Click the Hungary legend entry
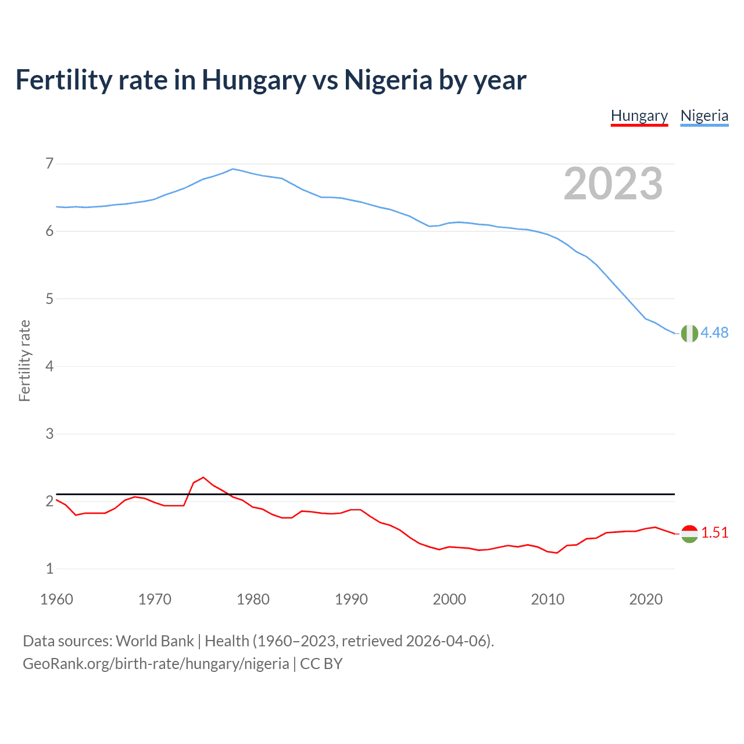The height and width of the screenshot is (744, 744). click(x=639, y=116)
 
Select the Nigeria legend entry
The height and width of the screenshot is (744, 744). click(x=704, y=116)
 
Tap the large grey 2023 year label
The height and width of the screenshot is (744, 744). click(x=613, y=184)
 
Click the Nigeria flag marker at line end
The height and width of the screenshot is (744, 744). click(x=689, y=334)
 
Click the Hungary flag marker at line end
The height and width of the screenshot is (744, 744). click(x=689, y=534)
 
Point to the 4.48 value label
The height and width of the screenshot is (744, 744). click(x=714, y=332)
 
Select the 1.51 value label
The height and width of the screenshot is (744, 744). click(x=714, y=532)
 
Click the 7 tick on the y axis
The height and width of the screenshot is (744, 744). click(x=49, y=164)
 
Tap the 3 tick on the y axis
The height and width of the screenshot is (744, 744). click(x=49, y=434)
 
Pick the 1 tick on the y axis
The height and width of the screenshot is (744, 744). click(x=49, y=568)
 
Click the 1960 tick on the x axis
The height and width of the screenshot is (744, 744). click(x=56, y=599)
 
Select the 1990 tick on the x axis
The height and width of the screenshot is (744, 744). click(x=351, y=599)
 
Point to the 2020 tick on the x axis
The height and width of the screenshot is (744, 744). click(x=646, y=599)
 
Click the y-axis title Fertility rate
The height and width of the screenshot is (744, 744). click(x=24, y=360)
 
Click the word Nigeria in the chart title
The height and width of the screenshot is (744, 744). click(x=388, y=80)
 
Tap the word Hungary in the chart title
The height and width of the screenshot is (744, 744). click(x=253, y=80)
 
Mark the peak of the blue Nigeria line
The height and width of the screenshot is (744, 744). click(x=233, y=169)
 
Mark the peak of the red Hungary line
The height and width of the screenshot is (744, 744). click(x=203, y=477)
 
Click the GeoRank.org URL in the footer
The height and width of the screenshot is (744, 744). click(x=156, y=664)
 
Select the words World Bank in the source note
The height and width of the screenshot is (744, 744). click(x=155, y=641)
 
